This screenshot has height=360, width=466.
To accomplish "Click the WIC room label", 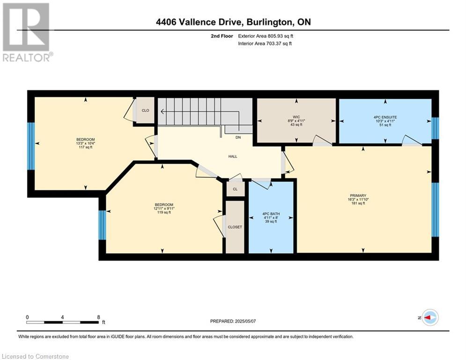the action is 296,117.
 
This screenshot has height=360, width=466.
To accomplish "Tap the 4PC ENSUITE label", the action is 385,117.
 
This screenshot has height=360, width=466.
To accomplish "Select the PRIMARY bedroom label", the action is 358,195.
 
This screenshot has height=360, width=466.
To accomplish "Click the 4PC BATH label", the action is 271,214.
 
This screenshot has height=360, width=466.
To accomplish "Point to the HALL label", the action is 233,156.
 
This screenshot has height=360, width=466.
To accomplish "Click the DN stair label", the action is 238,137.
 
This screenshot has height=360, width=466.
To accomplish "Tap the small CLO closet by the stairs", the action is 145,110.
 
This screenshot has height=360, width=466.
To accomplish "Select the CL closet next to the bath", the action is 236,189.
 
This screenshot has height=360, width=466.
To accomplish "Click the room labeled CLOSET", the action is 235,227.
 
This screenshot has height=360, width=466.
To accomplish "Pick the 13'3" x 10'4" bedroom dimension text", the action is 86,143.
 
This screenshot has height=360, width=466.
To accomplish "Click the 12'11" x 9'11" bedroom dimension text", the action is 164,209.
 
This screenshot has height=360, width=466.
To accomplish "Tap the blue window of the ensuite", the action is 435,128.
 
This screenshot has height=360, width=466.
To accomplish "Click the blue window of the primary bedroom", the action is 435,210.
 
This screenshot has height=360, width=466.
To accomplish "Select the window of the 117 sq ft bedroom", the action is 31,146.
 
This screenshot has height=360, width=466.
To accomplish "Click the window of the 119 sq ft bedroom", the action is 102,225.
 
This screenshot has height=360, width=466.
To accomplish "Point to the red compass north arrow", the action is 427,318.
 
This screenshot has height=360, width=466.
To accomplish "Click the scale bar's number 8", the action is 98,317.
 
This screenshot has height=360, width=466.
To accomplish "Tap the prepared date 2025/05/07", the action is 245,321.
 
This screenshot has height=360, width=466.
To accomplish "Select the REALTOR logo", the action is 28,32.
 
